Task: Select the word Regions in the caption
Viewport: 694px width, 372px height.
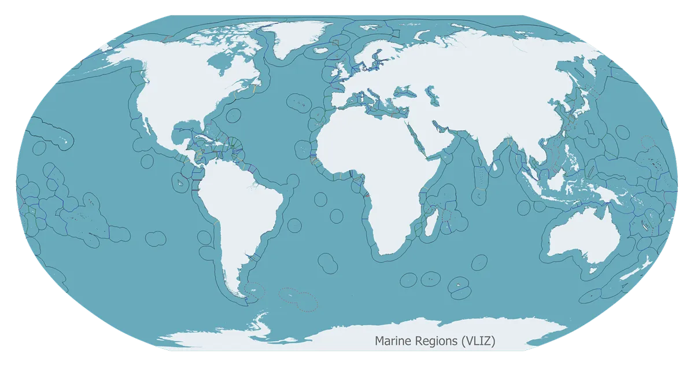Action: click(438, 341)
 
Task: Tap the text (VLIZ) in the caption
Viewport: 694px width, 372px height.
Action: click(478, 341)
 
